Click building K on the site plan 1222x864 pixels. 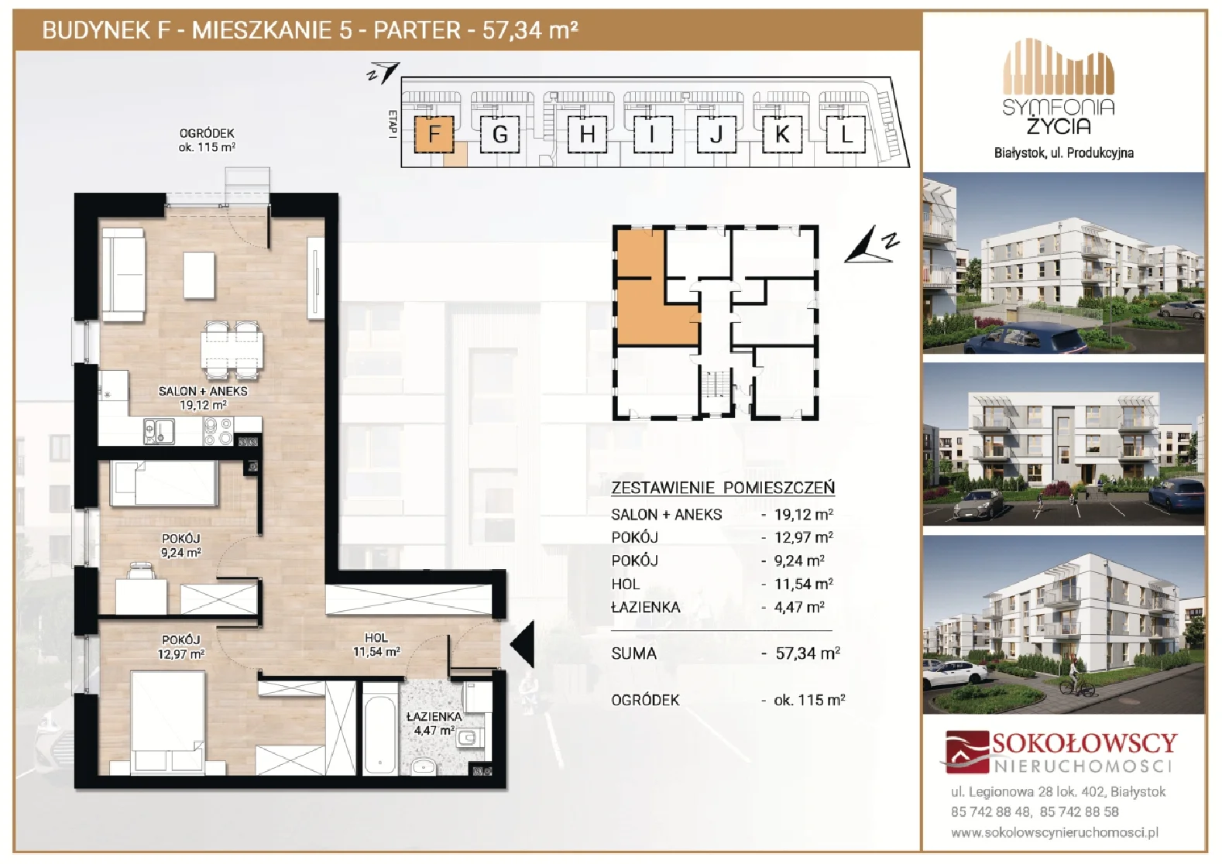[781, 134]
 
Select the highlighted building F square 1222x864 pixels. [434, 134]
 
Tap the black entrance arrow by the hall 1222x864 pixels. [522, 644]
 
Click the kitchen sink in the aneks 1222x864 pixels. [159, 431]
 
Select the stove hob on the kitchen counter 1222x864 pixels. [218, 431]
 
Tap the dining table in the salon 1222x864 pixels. [232, 350]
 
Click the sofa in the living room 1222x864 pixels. [123, 274]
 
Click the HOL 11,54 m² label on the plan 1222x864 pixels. [376, 644]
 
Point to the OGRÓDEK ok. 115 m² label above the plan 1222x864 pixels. [207, 140]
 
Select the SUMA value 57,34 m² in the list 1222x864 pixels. [807, 653]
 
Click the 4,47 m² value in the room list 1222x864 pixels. [799, 607]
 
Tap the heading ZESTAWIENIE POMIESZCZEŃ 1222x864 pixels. [723, 487]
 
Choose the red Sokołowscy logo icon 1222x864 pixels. [966, 752]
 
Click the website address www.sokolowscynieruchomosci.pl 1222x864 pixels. [1055, 832]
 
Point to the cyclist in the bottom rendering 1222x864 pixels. [1076, 678]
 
